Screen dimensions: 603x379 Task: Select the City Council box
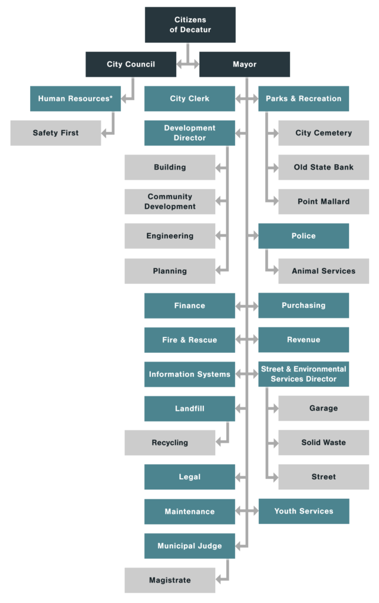(x=131, y=64)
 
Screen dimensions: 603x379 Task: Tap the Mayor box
(x=244, y=64)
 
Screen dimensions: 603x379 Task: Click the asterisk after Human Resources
(x=111, y=97)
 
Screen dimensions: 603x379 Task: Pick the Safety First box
(x=55, y=133)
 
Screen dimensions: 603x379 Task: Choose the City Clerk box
(x=189, y=98)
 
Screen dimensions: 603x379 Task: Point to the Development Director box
(x=189, y=132)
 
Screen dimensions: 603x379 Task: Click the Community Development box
(x=170, y=201)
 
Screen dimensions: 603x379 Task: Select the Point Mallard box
(x=324, y=201)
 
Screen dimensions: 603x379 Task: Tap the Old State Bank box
(x=324, y=167)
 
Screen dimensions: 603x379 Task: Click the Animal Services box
(x=324, y=271)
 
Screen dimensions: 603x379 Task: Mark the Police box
(x=304, y=236)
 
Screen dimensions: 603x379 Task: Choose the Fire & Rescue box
(x=189, y=340)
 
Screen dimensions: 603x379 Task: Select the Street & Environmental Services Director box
(x=304, y=374)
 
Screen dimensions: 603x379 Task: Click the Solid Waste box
(x=324, y=442)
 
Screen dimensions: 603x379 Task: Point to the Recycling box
(x=170, y=442)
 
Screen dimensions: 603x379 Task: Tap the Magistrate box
(x=170, y=580)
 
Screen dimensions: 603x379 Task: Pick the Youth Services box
(x=304, y=511)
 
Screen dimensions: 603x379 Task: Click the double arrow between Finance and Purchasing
(x=246, y=306)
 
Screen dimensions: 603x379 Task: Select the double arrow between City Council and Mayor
(x=187, y=61)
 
